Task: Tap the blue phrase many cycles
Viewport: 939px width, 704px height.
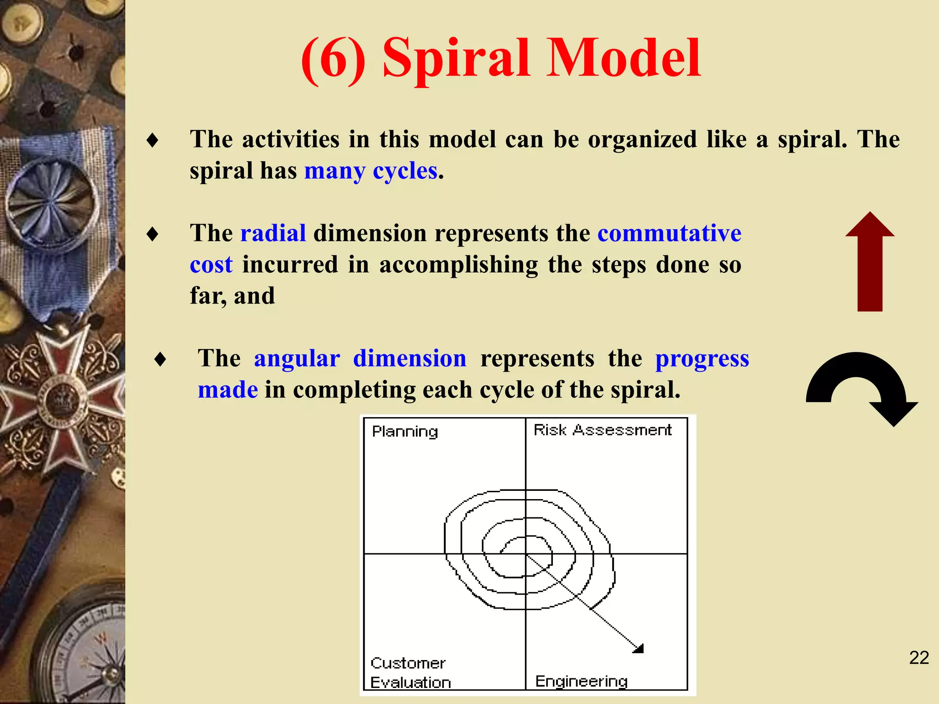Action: [x=370, y=171]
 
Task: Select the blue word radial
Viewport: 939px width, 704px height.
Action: [x=273, y=233]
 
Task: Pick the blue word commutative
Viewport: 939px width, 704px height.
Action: [x=669, y=233]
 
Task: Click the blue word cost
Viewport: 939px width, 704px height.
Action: [x=211, y=265]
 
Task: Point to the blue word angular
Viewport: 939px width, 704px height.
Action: [x=297, y=358]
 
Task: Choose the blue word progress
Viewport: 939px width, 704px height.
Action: [x=702, y=359]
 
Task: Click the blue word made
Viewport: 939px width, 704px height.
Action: [x=228, y=390]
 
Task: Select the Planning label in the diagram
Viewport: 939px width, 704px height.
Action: [x=404, y=432]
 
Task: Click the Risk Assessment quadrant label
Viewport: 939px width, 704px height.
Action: [x=602, y=430]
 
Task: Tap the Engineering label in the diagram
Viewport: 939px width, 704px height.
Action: [x=581, y=682]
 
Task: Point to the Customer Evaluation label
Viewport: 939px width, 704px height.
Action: [x=410, y=673]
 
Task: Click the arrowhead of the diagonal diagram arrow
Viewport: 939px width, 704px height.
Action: [x=639, y=648]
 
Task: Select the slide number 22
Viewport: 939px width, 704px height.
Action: [x=919, y=658]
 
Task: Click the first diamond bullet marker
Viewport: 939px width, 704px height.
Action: [x=153, y=140]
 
